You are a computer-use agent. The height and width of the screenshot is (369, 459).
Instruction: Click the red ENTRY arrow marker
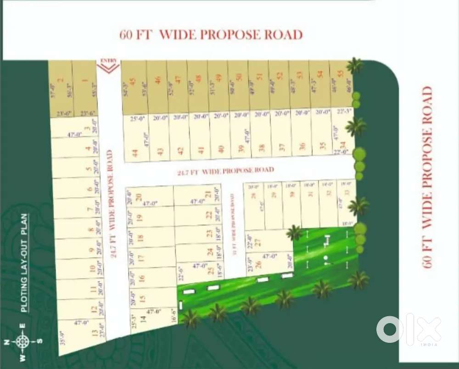(109, 65)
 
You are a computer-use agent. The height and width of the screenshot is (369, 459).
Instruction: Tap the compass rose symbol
(21, 341)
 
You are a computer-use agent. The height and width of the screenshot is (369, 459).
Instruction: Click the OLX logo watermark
(408, 330)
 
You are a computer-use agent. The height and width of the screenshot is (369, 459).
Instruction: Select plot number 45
(133, 81)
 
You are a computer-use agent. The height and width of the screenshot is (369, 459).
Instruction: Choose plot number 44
(134, 153)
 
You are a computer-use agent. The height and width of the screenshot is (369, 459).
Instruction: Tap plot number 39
(241, 148)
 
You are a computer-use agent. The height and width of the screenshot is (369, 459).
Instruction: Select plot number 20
(138, 196)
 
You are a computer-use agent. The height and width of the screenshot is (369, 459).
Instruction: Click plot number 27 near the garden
(257, 241)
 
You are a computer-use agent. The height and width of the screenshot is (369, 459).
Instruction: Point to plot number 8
(91, 230)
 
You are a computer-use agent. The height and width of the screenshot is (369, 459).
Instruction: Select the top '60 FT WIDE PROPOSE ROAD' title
(211, 35)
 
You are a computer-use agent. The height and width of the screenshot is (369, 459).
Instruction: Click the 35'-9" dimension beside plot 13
(63, 337)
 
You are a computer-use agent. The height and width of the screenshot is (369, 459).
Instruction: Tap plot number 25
(212, 271)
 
